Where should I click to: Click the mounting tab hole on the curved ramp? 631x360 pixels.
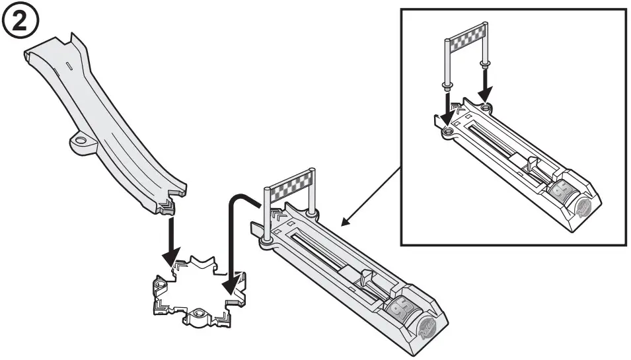tap(81, 141)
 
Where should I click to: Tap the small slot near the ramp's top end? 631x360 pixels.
tap(68, 66)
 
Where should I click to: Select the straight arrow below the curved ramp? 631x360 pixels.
tap(170, 238)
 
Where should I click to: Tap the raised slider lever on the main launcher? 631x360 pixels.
tap(364, 277)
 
